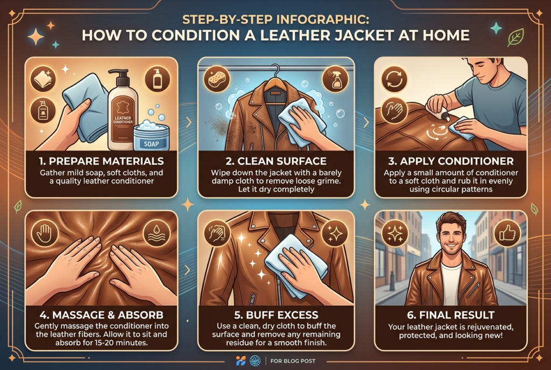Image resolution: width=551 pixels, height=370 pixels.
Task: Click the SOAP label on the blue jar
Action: (x=151, y=143)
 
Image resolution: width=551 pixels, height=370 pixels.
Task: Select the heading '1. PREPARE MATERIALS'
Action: (x=101, y=161)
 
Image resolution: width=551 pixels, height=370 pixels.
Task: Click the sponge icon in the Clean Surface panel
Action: (x=217, y=79)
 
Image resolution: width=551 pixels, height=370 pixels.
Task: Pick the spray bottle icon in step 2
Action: (x=335, y=79)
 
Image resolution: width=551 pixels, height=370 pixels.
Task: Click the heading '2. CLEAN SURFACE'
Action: (x=276, y=161)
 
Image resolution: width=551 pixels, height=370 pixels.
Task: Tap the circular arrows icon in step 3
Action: (x=394, y=79)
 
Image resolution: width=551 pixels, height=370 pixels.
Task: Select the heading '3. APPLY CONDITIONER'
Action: (x=451, y=161)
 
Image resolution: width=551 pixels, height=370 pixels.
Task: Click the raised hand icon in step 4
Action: (x=44, y=233)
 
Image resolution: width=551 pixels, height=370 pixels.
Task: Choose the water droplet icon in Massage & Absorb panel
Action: (x=157, y=233)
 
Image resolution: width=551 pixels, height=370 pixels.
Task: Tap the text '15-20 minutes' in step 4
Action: (x=124, y=342)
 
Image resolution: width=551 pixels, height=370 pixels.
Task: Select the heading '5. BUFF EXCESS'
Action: (x=276, y=315)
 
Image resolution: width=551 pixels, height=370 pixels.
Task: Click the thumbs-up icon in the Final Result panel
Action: (x=507, y=233)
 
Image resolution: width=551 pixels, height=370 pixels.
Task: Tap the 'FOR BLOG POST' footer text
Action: (x=293, y=361)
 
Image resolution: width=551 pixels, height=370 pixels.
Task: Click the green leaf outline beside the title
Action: (x=515, y=38)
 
